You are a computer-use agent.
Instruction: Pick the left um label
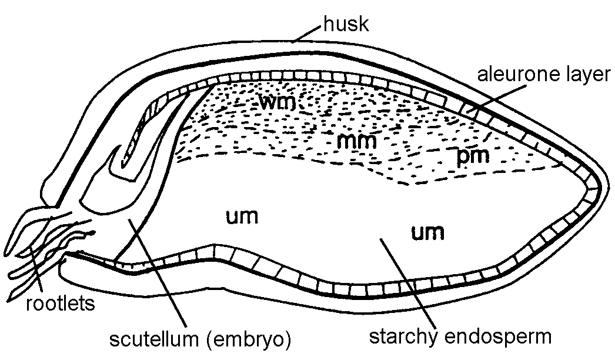coord(241,216)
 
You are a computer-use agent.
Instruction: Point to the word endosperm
coord(505,337)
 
